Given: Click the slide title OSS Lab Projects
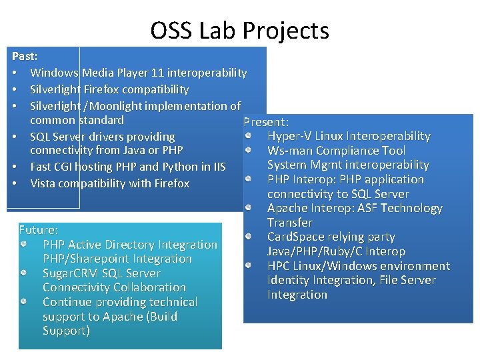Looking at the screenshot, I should click(x=239, y=31).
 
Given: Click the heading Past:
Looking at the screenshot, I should click(x=25, y=57).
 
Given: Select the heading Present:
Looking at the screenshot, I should click(x=266, y=122).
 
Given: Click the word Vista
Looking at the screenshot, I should click(x=44, y=183).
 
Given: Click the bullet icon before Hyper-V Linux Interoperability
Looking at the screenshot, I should click(x=247, y=136).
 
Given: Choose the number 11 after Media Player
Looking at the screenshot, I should click(x=161, y=73).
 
